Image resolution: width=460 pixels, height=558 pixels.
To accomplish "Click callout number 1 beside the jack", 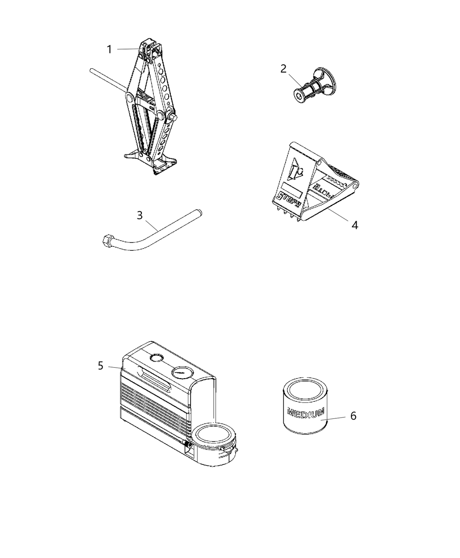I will [110, 49].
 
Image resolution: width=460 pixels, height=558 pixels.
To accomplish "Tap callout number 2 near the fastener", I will [283, 69].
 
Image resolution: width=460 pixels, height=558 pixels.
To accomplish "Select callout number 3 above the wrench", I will [140, 215].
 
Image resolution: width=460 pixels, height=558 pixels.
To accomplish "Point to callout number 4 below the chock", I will [354, 225].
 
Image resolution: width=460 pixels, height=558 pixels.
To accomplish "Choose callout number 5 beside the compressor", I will [101, 365].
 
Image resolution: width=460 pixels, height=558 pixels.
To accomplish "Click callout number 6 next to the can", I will [353, 415].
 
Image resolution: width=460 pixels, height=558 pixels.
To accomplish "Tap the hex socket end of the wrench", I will [106, 240].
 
